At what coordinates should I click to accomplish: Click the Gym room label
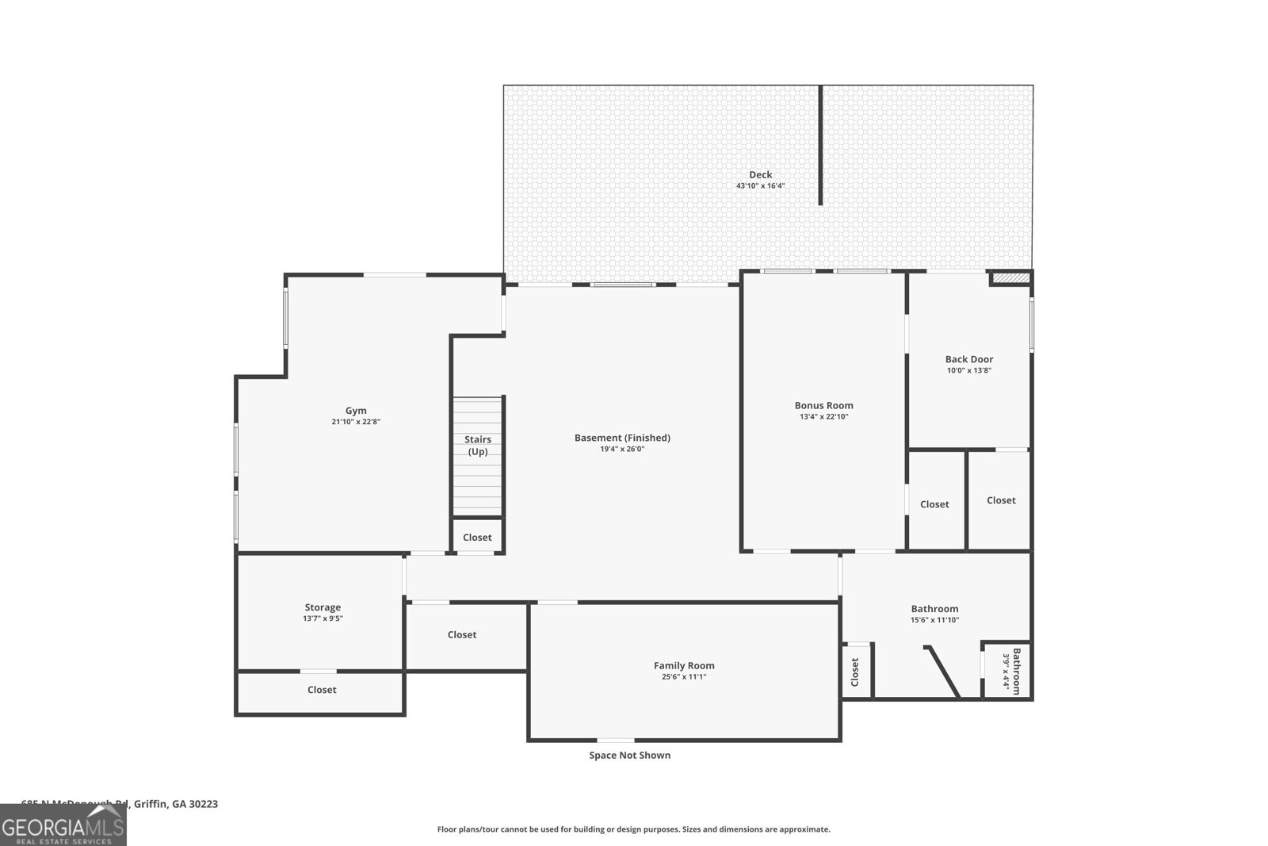click(x=356, y=411)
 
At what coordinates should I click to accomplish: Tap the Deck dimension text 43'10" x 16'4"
click(x=760, y=186)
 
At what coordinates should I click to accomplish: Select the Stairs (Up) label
click(x=477, y=445)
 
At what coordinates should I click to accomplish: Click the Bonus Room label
click(x=823, y=405)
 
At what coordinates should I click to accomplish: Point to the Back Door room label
click(x=968, y=359)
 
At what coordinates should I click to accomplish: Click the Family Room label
click(x=683, y=665)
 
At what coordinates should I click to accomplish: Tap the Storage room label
click(x=323, y=607)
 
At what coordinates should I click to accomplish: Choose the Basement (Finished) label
click(x=622, y=438)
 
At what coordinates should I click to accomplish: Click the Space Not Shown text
click(x=629, y=755)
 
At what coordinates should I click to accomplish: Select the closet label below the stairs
click(x=477, y=538)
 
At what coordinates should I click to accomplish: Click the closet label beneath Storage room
click(x=322, y=690)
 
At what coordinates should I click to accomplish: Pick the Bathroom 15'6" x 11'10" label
click(x=934, y=609)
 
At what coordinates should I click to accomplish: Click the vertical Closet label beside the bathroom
click(x=854, y=672)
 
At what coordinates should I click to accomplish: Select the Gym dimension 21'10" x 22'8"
click(x=356, y=423)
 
